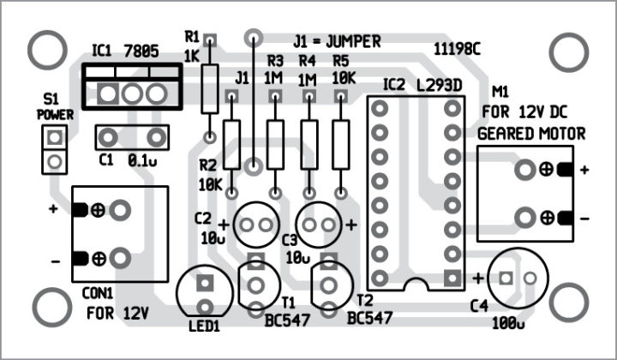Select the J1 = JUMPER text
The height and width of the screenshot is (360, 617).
336,40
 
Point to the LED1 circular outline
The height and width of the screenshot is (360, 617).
204,293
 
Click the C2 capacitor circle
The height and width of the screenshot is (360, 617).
253,225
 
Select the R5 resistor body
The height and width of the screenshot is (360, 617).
342,141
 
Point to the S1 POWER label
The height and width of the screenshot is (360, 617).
55,107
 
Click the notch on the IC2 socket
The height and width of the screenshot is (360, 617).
416,285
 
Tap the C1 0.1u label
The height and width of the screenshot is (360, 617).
128,159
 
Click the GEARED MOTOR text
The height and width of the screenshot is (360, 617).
531,134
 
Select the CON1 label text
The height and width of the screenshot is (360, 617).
100,292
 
